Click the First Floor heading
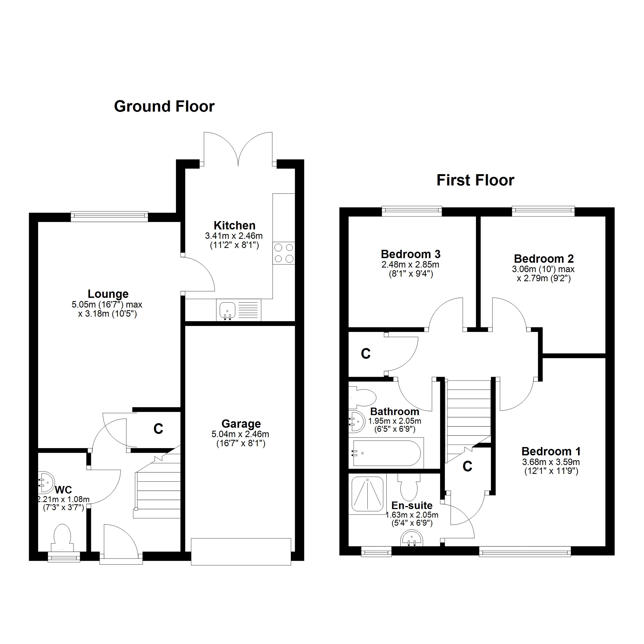[475, 180]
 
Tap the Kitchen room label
[234, 226]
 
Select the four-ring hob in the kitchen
[284, 253]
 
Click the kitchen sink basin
[227, 310]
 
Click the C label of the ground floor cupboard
[158, 429]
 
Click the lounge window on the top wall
[109, 216]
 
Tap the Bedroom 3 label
[411, 254]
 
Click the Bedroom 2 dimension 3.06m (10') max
[543, 269]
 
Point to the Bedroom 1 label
[551, 452]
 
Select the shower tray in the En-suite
[368, 494]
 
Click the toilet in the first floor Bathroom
[363, 397]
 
